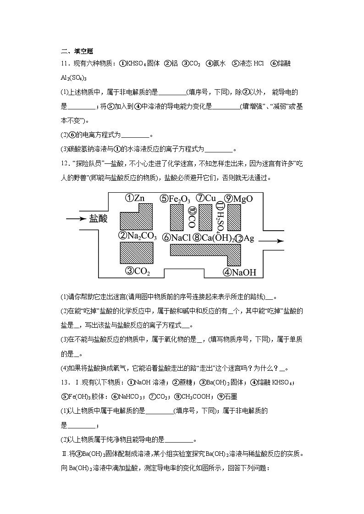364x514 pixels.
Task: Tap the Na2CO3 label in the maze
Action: (x=138, y=237)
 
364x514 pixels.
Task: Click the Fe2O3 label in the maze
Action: (x=175, y=199)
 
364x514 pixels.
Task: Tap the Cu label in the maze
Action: (x=206, y=198)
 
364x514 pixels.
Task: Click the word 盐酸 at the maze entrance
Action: (x=98, y=219)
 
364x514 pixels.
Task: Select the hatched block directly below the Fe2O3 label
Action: (x=176, y=217)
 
